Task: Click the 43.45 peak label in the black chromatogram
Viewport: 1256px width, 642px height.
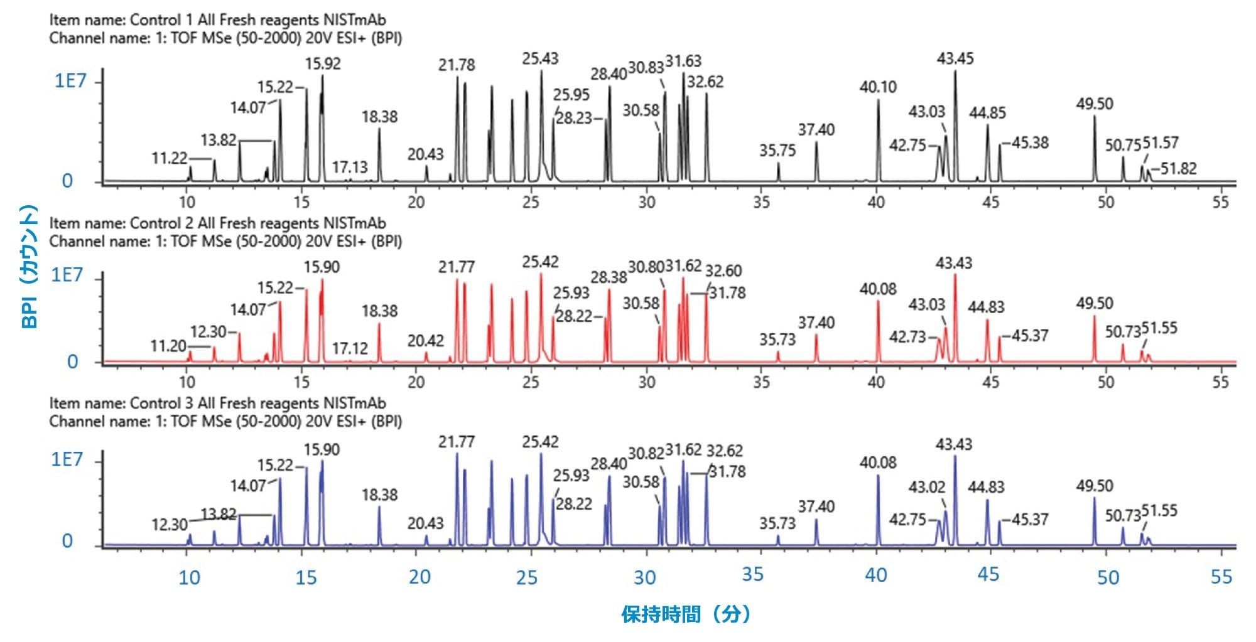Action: pyautogui.click(x=955, y=59)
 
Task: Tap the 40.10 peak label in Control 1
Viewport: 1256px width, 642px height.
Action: pyautogui.click(x=878, y=87)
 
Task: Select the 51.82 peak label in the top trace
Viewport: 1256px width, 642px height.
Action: pyautogui.click(x=1178, y=169)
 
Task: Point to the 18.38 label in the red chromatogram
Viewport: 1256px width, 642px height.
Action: pyautogui.click(x=379, y=311)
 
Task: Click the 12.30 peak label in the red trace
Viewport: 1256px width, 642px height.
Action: pyautogui.click(x=208, y=331)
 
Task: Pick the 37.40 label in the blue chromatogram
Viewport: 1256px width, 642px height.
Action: pyautogui.click(x=816, y=506)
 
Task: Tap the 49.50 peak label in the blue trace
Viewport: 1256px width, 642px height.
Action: pyautogui.click(x=1094, y=486)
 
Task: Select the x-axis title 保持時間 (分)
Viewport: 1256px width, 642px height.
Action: pyautogui.click(x=686, y=614)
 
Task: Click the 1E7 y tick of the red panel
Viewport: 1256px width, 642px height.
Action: pyautogui.click(x=67, y=275)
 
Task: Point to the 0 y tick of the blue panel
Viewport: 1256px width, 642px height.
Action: pyautogui.click(x=67, y=541)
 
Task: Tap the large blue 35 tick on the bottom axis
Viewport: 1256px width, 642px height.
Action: pyautogui.click(x=752, y=574)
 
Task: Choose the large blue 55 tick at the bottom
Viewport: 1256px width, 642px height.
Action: pyautogui.click(x=1221, y=577)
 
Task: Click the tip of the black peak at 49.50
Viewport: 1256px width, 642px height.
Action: pyautogui.click(x=1095, y=116)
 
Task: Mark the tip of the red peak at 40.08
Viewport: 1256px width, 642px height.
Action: pyautogui.click(x=878, y=301)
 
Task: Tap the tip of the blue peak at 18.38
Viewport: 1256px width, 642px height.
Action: pyautogui.click(x=379, y=506)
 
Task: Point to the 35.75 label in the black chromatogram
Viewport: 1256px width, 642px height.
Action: pyautogui.click(x=777, y=151)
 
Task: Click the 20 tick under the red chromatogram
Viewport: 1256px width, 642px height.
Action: pyautogui.click(x=416, y=382)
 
